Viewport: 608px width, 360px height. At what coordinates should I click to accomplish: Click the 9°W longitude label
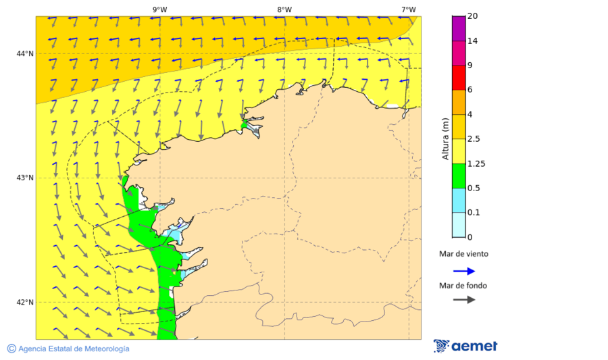[159, 9]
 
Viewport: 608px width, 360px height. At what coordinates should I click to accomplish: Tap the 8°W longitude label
[284, 9]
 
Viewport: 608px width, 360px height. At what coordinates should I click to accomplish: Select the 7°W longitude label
[408, 9]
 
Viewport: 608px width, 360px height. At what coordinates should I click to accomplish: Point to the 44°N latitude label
[25, 53]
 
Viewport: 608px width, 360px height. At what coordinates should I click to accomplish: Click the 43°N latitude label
[25, 178]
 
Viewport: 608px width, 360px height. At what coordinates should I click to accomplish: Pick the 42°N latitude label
[25, 302]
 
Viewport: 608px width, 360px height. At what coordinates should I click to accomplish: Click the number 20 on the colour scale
[472, 16]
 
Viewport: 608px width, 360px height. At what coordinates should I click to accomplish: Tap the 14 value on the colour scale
[472, 41]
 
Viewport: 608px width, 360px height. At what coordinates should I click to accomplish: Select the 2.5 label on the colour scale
[474, 139]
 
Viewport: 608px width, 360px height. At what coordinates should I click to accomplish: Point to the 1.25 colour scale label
[476, 163]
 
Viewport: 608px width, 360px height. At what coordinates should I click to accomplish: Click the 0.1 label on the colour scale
[474, 213]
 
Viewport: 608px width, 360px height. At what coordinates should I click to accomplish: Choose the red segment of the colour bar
[459, 77]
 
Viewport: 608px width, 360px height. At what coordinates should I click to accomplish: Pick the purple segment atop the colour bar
[459, 28]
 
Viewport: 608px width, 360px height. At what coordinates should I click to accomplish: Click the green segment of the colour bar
[459, 176]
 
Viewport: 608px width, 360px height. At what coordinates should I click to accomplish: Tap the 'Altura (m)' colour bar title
[445, 138]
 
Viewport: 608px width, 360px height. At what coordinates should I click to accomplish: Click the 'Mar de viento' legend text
[463, 255]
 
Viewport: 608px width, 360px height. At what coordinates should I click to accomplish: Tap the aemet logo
[465, 346]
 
